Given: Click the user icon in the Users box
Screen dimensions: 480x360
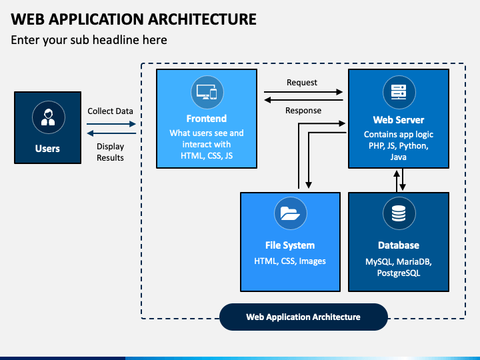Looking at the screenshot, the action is click(x=49, y=117).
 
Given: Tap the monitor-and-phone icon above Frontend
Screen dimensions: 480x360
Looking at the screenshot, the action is click(x=207, y=92).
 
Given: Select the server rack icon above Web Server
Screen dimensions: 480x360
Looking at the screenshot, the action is click(x=399, y=92).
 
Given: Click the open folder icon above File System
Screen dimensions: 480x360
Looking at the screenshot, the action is click(x=291, y=213).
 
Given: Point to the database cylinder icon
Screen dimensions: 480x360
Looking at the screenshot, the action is click(x=399, y=213).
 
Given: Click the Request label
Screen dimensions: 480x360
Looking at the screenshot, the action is click(x=302, y=83).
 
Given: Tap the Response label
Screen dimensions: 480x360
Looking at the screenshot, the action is click(x=303, y=110).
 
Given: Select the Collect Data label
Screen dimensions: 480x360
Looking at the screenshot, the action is click(x=110, y=111).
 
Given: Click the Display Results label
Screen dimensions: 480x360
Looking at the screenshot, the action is click(x=110, y=152).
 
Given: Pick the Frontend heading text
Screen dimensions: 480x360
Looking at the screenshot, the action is click(x=207, y=119).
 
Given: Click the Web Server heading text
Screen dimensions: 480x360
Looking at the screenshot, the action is click(x=399, y=120).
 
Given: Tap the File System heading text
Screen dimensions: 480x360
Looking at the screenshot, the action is click(x=290, y=245).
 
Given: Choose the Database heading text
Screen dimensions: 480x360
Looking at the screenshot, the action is click(x=399, y=245).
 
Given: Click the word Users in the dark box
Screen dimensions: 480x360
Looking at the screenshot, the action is click(x=47, y=149).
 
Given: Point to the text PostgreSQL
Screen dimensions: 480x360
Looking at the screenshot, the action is click(x=399, y=273).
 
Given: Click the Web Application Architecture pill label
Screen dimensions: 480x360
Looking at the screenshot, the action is click(x=303, y=317).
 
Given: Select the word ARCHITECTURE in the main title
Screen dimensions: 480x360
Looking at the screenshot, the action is click(x=203, y=19).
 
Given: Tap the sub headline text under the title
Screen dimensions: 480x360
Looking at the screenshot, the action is click(x=89, y=40).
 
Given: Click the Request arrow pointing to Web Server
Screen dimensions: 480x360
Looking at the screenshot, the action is click(x=303, y=92).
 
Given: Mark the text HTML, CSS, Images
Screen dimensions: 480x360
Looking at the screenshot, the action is click(x=290, y=261).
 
